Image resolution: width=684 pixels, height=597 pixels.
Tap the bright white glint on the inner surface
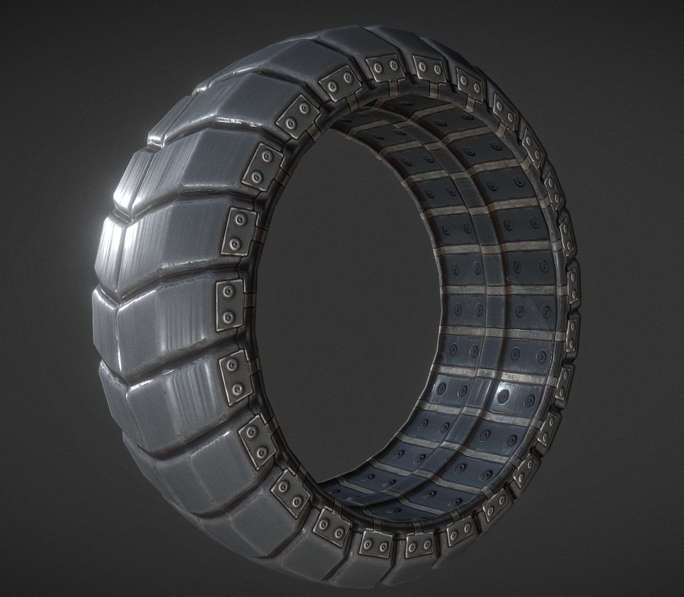(x=503, y=394)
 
